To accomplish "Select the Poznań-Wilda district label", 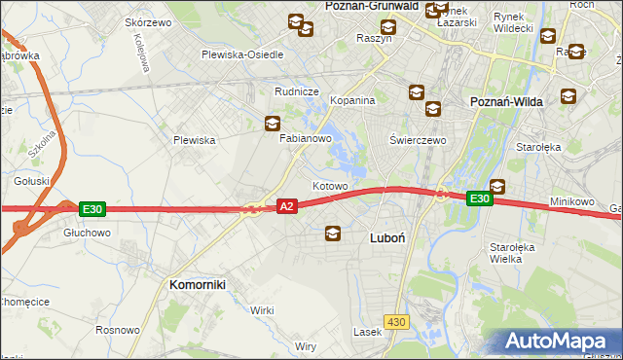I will point(506,101).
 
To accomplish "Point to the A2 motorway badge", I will point(286,206).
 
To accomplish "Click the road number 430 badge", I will point(395,321).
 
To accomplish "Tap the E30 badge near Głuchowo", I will point(92,208).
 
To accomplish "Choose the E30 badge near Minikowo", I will point(478,198).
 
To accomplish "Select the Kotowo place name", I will point(330,185).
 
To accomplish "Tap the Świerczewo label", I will point(418,140).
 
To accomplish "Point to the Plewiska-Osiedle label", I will point(242,54).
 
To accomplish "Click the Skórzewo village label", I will point(149,21).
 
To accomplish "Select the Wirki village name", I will point(262,309).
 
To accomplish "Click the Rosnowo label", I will point(118,330).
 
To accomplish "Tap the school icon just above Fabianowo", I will point(273,124).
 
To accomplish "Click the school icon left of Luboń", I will point(333,234).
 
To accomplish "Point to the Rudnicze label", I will point(297,91).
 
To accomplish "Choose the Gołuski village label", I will point(32,181).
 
